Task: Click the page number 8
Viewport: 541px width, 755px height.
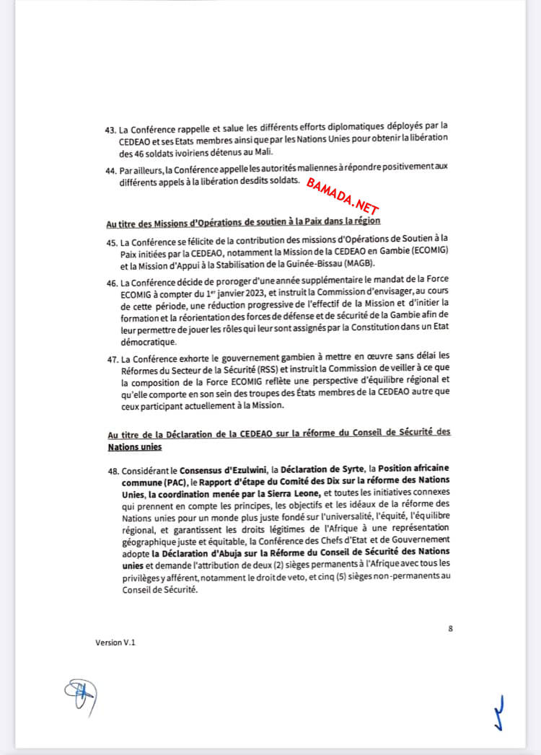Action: tap(450, 628)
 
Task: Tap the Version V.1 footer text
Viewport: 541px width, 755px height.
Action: tap(115, 642)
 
